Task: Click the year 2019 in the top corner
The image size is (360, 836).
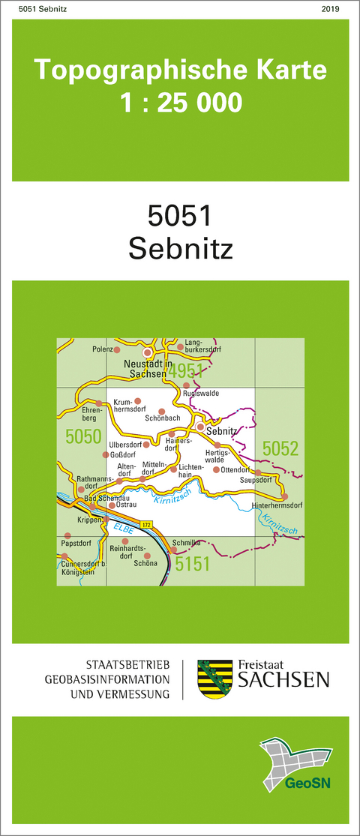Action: coord(329,9)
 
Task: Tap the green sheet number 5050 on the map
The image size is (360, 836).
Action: coord(83,436)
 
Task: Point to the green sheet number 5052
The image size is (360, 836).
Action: coord(280,449)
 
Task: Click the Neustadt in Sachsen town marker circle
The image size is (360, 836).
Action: coord(148,352)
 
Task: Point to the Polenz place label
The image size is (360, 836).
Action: coord(101,349)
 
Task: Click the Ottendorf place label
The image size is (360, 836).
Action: coord(234,470)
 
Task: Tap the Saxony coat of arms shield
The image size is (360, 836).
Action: coord(210,679)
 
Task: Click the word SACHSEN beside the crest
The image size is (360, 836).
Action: coord(283,679)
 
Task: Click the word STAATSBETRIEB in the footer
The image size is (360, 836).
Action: coord(129,665)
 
